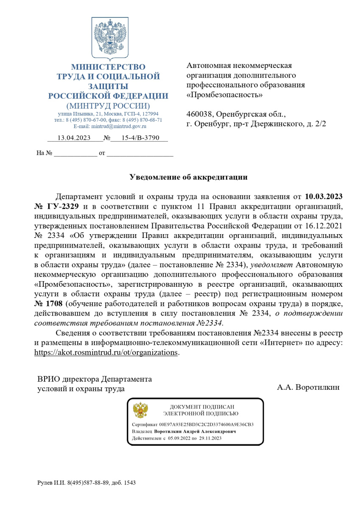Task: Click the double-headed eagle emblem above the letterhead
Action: pos(110,39)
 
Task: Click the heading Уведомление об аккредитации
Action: pos(188,177)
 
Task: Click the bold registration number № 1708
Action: pos(49,305)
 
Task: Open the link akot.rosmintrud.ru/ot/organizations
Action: pos(106,353)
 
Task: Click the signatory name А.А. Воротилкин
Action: pos(308,387)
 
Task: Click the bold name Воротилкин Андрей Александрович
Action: pos(195,431)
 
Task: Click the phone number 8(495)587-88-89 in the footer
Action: pos(85,483)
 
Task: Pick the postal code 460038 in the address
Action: pos(201,115)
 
